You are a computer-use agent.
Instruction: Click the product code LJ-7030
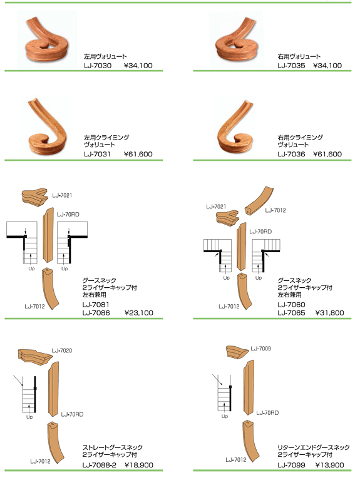(98, 66)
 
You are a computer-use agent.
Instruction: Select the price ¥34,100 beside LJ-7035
(327, 66)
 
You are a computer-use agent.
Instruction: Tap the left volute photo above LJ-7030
(48, 39)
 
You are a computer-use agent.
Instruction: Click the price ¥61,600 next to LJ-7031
(138, 154)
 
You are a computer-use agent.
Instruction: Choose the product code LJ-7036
(291, 154)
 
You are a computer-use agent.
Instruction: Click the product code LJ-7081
(96, 305)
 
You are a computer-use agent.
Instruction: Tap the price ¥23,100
(139, 313)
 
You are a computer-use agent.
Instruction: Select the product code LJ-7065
(291, 313)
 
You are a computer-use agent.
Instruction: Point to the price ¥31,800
(330, 313)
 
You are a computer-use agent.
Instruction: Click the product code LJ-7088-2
(100, 465)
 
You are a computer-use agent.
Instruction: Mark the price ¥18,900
(139, 465)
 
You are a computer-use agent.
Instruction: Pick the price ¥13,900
(330, 465)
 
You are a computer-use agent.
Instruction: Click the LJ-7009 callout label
(260, 349)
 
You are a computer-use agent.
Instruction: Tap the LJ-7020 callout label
(62, 350)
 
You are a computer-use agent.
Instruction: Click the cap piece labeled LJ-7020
(34, 357)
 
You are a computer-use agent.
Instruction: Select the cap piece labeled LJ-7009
(237, 352)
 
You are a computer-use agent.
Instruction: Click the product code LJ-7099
(291, 465)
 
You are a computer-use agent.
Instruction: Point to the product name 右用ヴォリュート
(299, 56)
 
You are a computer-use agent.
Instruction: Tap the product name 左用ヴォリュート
(105, 56)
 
